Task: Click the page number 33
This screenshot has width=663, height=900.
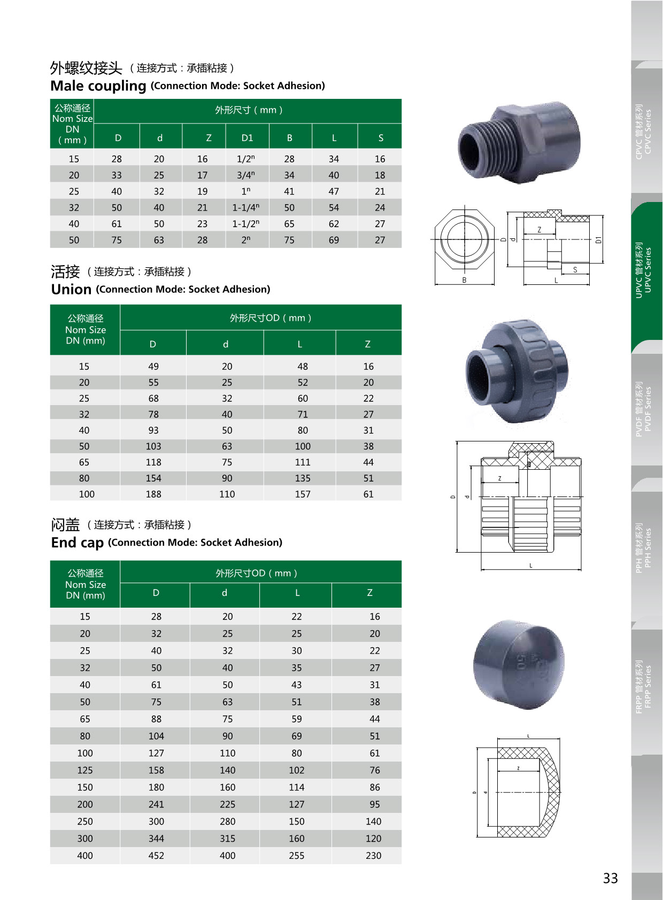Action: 610,879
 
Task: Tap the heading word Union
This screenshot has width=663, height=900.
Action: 71,290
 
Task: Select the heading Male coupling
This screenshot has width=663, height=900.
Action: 98,86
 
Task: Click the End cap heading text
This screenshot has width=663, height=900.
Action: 77,543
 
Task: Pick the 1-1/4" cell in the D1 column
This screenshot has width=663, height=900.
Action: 245,208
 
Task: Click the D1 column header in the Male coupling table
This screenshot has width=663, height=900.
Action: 247,138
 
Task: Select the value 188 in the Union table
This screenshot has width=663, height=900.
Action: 153,494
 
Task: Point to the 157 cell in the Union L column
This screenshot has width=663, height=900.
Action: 303,494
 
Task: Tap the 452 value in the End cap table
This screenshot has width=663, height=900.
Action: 156,856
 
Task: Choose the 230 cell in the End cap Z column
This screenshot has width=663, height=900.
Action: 373,856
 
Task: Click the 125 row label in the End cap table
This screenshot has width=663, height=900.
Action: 85,770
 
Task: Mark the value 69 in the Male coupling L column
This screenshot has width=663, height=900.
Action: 334,240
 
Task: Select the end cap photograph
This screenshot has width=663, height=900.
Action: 518,664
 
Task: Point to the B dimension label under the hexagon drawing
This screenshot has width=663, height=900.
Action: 464,280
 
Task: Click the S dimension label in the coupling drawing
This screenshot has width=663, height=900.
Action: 575,270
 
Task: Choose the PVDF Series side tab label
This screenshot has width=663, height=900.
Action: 644,409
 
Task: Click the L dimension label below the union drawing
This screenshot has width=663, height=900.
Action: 530,565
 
